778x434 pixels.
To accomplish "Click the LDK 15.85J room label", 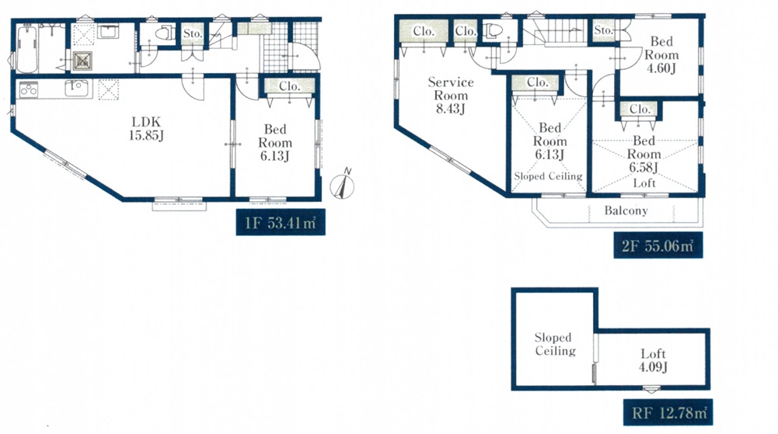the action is click(146, 128).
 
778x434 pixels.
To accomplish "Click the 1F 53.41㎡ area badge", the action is click(281, 223).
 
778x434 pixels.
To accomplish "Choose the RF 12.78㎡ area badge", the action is click(668, 412).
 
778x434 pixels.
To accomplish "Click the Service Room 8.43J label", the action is click(451, 95).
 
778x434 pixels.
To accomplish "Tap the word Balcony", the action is click(626, 211).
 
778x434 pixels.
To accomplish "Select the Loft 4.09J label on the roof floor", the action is click(653, 360).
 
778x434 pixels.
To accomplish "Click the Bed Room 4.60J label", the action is click(661, 55).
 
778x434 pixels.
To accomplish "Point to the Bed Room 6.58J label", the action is click(644, 154).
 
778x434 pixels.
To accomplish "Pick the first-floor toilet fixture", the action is click(163, 33).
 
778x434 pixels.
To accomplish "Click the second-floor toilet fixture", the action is click(492, 31).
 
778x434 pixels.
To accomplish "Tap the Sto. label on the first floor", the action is click(193, 33).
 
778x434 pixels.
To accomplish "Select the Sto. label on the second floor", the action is click(603, 30).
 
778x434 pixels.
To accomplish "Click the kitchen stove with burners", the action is click(29, 90).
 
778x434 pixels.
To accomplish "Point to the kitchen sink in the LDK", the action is click(76, 89).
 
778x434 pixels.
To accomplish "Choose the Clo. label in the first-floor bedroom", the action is click(289, 86).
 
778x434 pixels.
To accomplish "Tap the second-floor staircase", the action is click(555, 33).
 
